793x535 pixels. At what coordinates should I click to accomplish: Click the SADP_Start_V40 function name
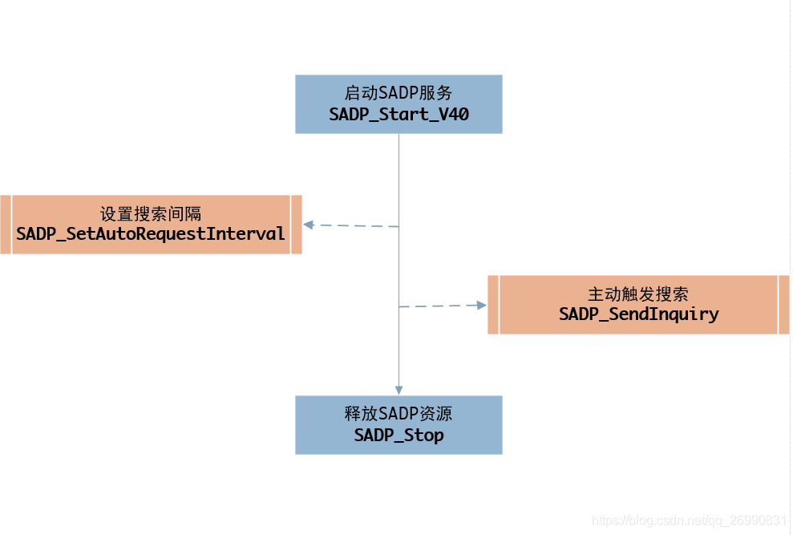point(399,115)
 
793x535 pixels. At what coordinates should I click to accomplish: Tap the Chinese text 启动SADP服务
point(399,93)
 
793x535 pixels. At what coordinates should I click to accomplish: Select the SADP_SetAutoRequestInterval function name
point(151,234)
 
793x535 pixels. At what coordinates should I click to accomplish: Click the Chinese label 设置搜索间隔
point(151,214)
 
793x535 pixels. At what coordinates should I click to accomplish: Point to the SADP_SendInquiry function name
point(638,314)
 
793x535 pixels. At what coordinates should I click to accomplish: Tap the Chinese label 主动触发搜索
point(638,294)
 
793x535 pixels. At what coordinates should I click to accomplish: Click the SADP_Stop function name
point(399,436)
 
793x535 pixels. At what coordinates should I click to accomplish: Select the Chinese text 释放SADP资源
point(399,414)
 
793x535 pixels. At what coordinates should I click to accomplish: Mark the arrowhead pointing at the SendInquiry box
point(482,305)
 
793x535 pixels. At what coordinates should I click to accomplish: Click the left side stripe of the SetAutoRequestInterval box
point(6,225)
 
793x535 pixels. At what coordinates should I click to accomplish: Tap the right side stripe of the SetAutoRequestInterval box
point(296,225)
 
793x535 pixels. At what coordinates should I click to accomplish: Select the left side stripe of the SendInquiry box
point(493,305)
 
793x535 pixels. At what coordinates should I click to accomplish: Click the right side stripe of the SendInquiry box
point(783,305)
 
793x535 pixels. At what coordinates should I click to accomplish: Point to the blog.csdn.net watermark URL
point(688,521)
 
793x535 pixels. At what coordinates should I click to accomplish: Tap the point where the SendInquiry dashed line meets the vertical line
point(399,306)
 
